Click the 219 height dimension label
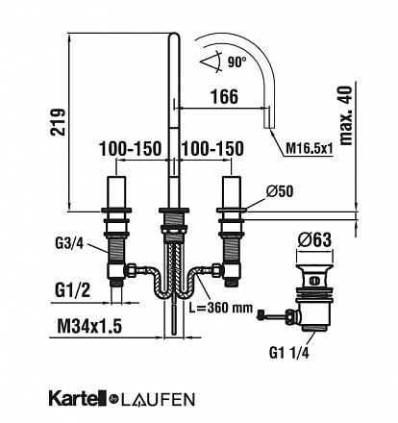(58, 122)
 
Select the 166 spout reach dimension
(224, 96)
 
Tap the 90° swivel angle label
(237, 62)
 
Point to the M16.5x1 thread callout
(310, 149)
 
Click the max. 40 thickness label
(345, 116)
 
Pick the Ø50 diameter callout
(280, 191)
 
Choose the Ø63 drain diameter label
(314, 239)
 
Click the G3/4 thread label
(69, 244)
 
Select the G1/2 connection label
(72, 290)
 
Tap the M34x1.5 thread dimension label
(89, 327)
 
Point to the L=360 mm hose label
(220, 308)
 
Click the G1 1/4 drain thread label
(289, 353)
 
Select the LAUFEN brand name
(158, 400)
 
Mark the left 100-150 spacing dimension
(130, 149)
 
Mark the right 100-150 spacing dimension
(212, 149)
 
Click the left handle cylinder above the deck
(116, 192)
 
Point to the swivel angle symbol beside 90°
(211, 61)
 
